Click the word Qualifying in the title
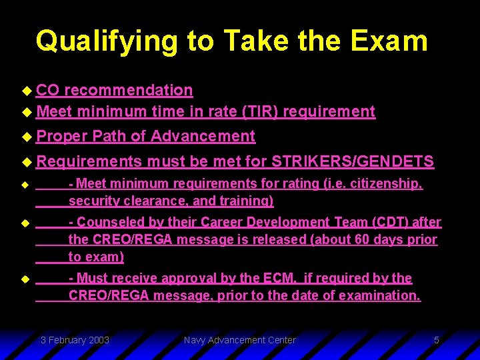pyautogui.click(x=107, y=41)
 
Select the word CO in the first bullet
pyautogui.click(x=47, y=90)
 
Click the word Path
pyautogui.click(x=109, y=136)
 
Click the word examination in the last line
pyautogui.click(x=379, y=295)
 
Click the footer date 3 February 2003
pyautogui.click(x=75, y=340)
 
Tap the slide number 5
pyautogui.click(x=436, y=340)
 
